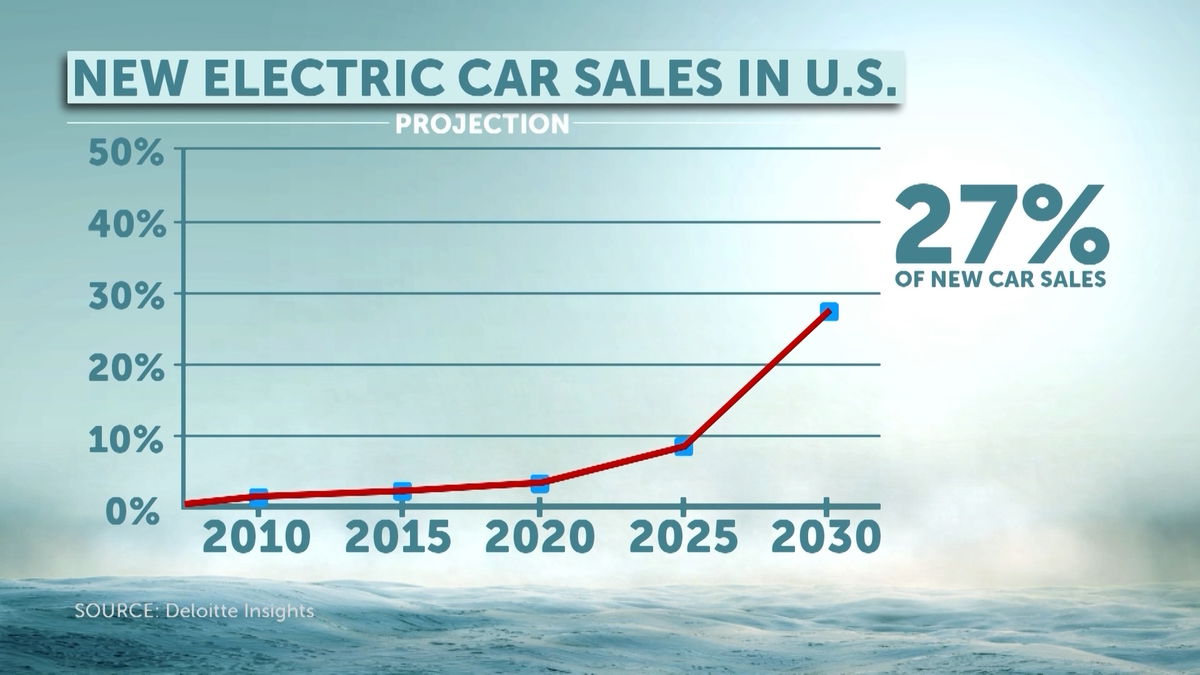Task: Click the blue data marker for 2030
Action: pyautogui.click(x=828, y=312)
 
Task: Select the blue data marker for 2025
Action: pyautogui.click(x=683, y=446)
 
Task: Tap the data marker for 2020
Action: pyautogui.click(x=540, y=484)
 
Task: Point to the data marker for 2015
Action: pyautogui.click(x=402, y=491)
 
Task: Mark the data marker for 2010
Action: pyautogui.click(x=259, y=497)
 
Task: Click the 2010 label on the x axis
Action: pyautogui.click(x=256, y=539)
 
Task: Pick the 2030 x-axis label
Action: pyautogui.click(x=827, y=539)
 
